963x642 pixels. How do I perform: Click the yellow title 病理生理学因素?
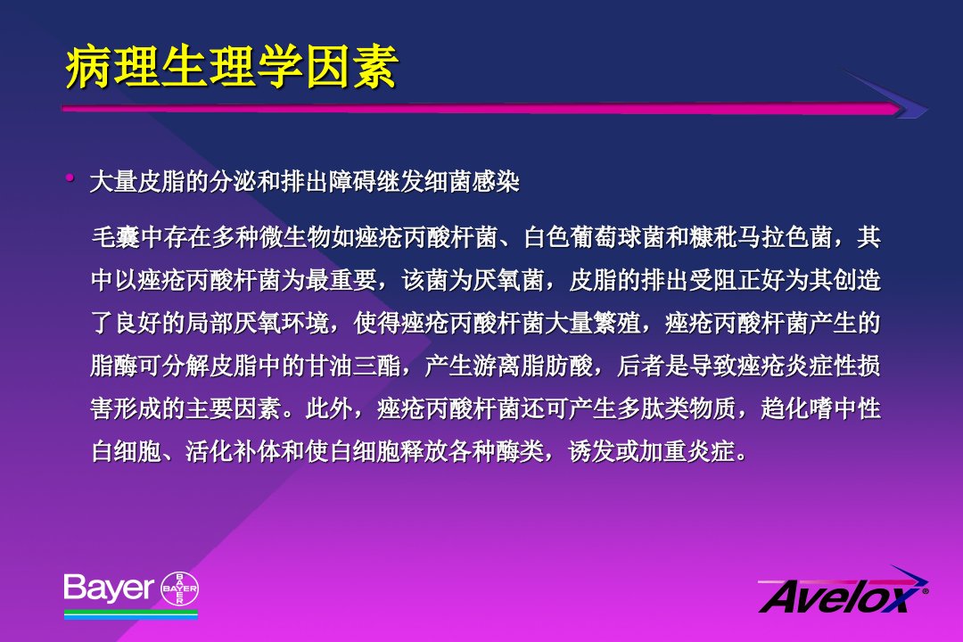[232, 67]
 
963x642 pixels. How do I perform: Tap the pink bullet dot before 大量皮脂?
[70, 178]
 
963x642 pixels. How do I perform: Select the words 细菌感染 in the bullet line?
[472, 182]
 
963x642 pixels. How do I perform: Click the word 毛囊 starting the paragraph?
[115, 237]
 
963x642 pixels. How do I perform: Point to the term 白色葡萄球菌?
[594, 237]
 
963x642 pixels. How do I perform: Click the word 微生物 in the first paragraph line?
[295, 237]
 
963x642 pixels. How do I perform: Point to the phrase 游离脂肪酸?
[533, 366]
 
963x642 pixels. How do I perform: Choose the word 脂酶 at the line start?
[115, 366]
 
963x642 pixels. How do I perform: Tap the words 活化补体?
[234, 451]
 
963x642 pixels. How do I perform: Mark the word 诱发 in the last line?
[592, 451]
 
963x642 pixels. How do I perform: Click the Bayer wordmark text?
[108, 588]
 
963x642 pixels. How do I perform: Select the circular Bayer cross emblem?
[179, 588]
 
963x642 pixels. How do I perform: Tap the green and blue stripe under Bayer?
[131, 613]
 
